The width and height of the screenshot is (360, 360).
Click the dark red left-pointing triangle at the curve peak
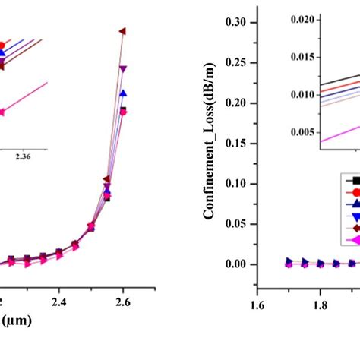point(122,30)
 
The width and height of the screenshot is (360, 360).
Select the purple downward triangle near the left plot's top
point(122,69)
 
